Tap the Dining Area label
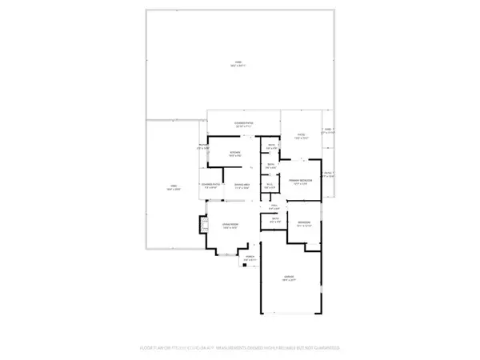point(238,186)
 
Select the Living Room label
point(230,226)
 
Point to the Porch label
point(250,256)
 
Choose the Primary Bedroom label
point(300,181)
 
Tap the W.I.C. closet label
point(270,185)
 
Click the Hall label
point(273,206)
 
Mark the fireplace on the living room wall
point(201,227)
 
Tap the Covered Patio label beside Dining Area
point(211,186)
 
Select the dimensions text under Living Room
point(230,230)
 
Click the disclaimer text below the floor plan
point(240,348)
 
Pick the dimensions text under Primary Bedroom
point(300,185)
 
